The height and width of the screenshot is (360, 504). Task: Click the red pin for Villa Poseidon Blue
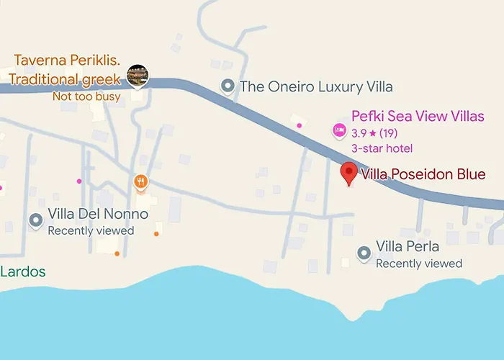349,173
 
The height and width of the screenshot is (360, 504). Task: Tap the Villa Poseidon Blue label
423,174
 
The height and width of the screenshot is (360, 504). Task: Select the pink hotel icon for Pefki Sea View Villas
338,130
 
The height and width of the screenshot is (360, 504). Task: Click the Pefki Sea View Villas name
418,116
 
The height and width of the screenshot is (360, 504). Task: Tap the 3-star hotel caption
382,148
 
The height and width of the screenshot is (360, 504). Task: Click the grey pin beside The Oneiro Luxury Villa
228,87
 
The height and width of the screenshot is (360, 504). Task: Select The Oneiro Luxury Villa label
316,87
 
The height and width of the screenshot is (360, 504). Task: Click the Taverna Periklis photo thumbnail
138,74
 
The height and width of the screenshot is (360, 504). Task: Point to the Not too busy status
86,96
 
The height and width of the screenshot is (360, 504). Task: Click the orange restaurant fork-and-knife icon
141,181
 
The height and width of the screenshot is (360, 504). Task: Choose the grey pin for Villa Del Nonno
35,220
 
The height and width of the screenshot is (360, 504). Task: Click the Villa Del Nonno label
98,215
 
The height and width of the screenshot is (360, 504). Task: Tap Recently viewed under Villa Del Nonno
91,230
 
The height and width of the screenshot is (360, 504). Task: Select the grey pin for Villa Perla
364,253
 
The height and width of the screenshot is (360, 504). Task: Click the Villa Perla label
408,247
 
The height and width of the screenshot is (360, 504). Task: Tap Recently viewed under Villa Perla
419,264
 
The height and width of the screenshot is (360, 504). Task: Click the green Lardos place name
22,272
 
